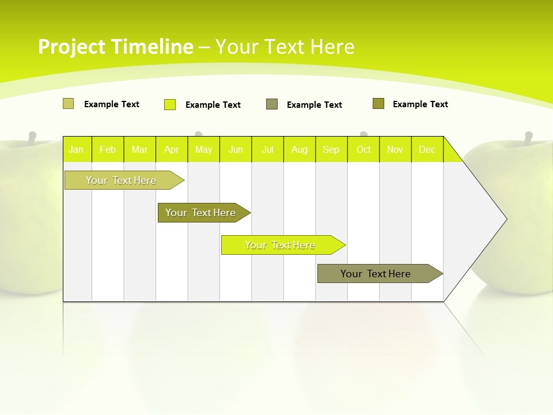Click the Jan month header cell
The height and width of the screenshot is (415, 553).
tap(76, 150)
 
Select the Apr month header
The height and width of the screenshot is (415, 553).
tap(172, 150)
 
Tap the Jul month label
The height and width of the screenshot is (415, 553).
tap(268, 150)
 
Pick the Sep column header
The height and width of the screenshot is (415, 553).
tap(331, 150)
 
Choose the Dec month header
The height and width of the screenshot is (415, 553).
tap(427, 150)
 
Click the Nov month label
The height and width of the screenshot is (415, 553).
tap(395, 150)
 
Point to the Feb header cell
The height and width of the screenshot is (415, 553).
tap(108, 150)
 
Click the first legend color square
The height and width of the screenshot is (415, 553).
tap(68, 104)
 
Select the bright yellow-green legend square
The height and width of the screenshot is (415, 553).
tap(170, 104)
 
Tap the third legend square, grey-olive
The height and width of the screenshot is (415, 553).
tap(272, 104)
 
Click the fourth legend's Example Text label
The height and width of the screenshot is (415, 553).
tap(420, 104)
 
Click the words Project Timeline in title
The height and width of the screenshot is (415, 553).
tap(115, 47)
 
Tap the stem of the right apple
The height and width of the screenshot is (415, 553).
tap(528, 138)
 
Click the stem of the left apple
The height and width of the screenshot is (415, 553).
tap(32, 138)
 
